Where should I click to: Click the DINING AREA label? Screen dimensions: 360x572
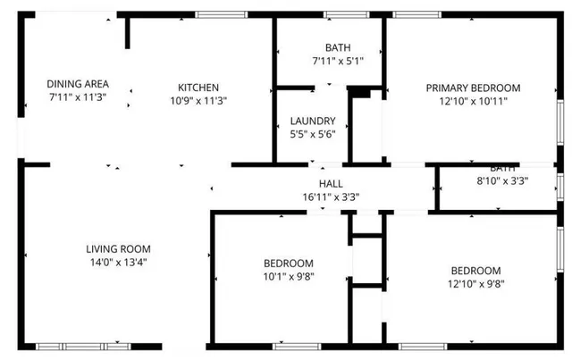(77, 84)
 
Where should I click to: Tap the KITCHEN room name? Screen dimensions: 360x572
(198, 88)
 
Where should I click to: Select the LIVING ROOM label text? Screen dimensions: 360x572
(118, 249)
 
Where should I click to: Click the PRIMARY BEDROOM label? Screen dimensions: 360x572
(473, 88)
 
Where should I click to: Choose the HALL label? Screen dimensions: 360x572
(331, 183)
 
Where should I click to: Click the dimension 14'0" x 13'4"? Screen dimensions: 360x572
(118, 263)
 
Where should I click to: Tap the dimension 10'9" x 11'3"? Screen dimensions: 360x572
(198, 101)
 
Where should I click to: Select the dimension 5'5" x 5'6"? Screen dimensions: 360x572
(313, 135)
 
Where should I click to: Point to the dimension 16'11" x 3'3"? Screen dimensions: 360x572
(331, 197)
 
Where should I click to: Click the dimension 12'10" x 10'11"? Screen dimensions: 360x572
(473, 101)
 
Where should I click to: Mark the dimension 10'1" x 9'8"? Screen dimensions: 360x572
(288, 277)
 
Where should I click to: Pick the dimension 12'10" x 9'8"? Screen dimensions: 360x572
(475, 284)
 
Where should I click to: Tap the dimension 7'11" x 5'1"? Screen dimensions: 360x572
(337, 62)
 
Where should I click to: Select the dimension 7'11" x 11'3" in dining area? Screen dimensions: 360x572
(77, 97)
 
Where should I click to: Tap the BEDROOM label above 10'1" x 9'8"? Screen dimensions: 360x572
(288, 264)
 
